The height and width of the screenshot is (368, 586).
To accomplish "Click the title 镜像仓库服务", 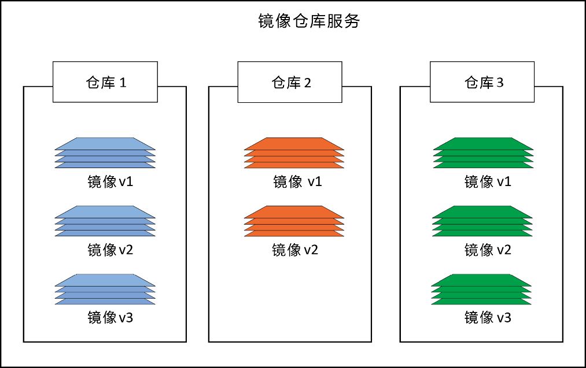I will pos(309,22).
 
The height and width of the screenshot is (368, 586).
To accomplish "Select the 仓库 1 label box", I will pos(105,83).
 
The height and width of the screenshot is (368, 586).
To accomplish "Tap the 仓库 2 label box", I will pos(291,83).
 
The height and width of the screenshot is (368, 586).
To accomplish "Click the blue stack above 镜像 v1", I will pos(105,153).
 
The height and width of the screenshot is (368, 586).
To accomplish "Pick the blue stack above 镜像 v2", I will pos(105,221).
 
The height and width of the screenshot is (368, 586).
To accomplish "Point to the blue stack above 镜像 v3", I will pos(105,289).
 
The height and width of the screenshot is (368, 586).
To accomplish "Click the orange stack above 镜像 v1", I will pos(294,153).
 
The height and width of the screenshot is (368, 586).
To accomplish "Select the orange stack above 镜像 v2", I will pos(294,221).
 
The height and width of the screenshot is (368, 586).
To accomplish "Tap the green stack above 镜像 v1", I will pos(482,153).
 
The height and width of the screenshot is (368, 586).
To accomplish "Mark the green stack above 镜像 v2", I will pos(482,221).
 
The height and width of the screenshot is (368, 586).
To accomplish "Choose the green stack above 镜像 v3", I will pos(482,289).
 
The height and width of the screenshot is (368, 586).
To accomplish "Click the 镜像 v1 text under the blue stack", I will pos(110,182).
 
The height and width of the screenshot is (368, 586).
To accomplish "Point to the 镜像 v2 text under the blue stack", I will pos(110,250).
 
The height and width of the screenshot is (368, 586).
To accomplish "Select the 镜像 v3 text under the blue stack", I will pos(110,317).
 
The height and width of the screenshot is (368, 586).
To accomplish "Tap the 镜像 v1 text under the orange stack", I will pos(297,182).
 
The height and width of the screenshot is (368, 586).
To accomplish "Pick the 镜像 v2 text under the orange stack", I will pos(295,250).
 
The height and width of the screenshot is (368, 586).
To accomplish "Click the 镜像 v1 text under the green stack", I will pos(488,182).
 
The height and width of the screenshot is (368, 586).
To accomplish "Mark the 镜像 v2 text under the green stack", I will pos(488,250).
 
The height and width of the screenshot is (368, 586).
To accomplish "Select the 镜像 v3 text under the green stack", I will pos(488,317).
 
